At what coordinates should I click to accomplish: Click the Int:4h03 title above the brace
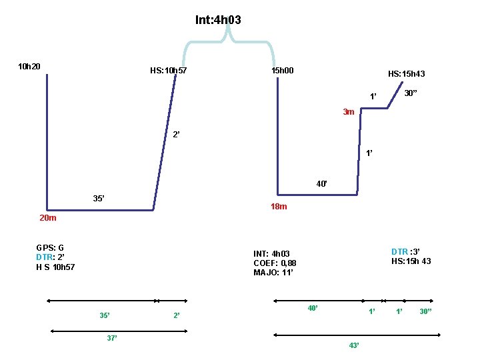[218, 20]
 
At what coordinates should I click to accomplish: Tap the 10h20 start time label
[29, 67]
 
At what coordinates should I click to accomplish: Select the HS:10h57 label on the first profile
[169, 71]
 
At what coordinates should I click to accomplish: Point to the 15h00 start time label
[283, 71]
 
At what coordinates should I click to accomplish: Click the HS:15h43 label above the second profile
[407, 74]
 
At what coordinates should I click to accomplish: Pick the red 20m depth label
[48, 218]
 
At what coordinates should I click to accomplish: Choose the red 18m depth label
[279, 207]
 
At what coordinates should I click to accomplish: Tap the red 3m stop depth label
[349, 112]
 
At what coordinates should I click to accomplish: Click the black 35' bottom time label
[99, 199]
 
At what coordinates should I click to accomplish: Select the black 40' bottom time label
[322, 184]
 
